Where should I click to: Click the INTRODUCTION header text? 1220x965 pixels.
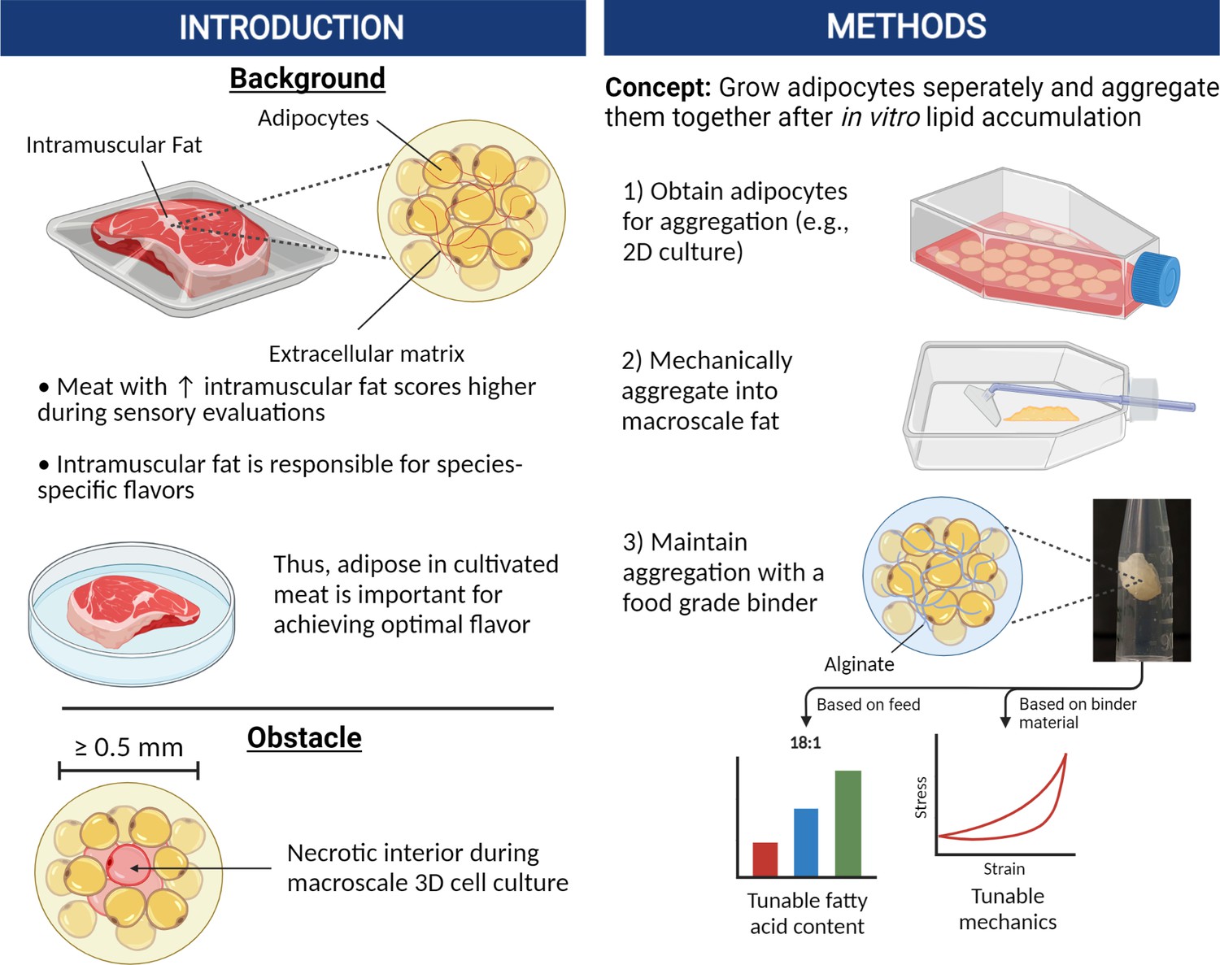(291, 28)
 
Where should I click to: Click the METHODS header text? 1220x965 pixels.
(906, 27)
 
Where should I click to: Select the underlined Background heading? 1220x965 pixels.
(307, 78)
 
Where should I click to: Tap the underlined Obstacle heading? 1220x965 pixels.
(304, 737)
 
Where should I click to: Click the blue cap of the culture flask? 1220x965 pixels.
(1157, 279)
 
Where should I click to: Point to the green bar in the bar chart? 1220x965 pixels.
(847, 823)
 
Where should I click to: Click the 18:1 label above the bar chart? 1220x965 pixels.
(805, 742)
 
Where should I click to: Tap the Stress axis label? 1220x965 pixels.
(921, 797)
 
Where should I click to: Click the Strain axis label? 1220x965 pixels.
(1004, 869)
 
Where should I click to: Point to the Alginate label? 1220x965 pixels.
(859, 664)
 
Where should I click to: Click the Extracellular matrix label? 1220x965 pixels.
(366, 354)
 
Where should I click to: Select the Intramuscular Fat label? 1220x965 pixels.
(114, 145)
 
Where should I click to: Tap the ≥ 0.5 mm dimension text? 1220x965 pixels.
(129, 747)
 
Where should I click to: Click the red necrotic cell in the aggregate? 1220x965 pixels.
(127, 864)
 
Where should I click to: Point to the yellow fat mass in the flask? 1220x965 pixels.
(1041, 412)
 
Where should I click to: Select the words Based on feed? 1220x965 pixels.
(868, 704)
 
